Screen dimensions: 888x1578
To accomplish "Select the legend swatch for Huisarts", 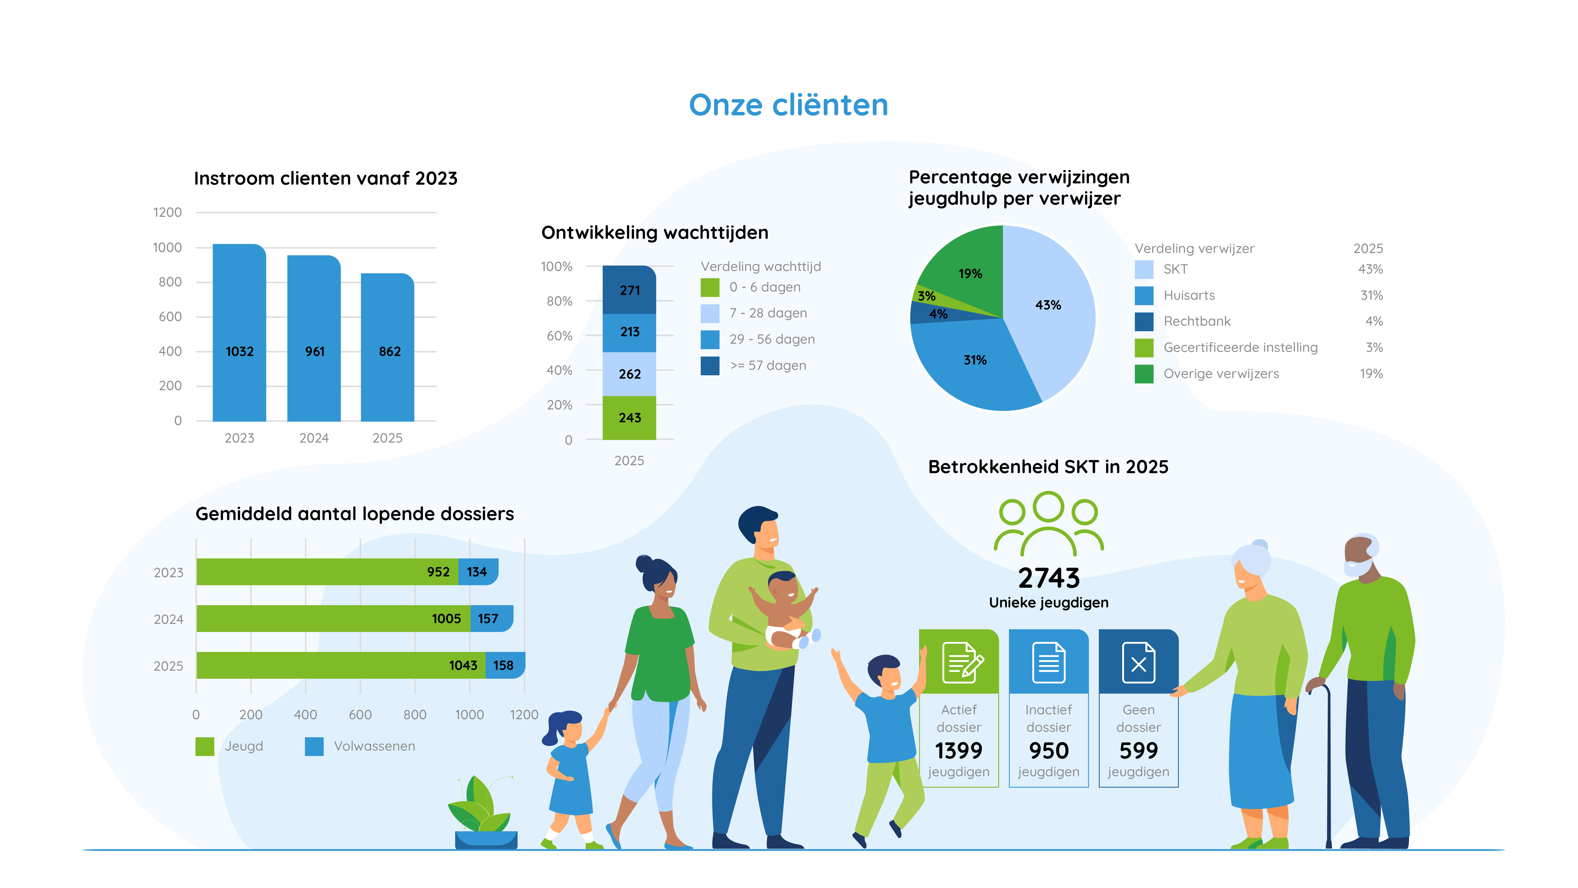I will tap(1144, 295).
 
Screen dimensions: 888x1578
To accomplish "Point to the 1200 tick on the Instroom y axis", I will tap(167, 213).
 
